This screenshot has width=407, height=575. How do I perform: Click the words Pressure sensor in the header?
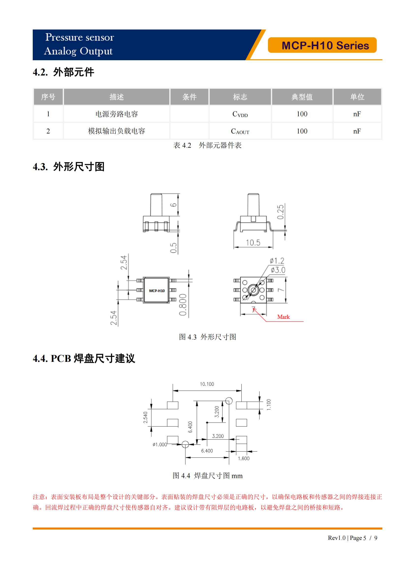(79, 37)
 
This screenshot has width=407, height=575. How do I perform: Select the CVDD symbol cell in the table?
(240, 114)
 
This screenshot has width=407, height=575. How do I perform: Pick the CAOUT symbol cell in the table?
(240, 131)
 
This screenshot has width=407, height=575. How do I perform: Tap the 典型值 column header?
(302, 97)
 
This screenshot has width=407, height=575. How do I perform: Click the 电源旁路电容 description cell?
(117, 114)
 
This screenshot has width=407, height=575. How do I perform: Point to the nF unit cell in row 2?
(357, 131)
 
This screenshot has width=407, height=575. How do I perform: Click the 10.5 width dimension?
(253, 242)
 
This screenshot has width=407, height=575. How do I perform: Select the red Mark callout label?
(283, 317)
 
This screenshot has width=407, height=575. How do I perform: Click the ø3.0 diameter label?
(278, 270)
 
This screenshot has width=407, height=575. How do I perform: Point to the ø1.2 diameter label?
(277, 261)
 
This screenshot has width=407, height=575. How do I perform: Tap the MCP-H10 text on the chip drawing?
(157, 291)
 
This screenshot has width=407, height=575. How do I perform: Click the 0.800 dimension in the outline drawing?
(183, 305)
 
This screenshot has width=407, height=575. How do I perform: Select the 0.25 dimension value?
(281, 212)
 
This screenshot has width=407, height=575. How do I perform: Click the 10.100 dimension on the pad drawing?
(207, 384)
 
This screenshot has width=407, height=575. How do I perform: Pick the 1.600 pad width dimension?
(244, 458)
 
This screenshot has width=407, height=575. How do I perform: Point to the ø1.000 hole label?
(160, 444)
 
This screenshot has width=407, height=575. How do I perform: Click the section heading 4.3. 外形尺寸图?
(68, 166)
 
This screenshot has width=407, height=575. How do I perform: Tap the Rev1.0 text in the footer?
(336, 538)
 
